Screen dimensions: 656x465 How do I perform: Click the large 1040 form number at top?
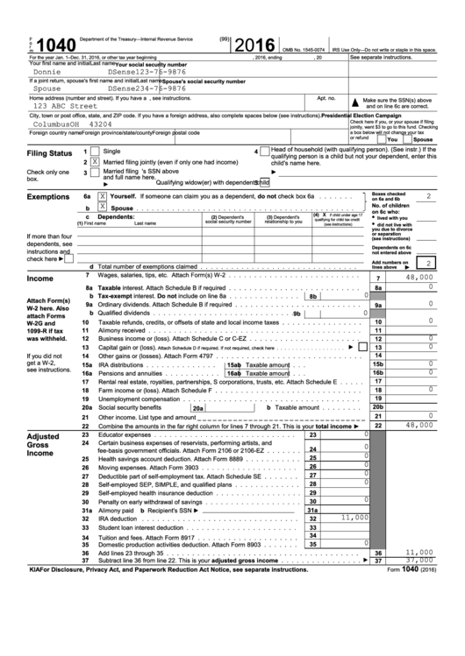40,45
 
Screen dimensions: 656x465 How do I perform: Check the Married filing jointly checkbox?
95,162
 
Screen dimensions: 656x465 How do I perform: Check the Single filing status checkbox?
95,152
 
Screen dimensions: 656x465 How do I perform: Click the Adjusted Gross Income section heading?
48,444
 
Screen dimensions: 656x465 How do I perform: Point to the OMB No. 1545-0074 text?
307,51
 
